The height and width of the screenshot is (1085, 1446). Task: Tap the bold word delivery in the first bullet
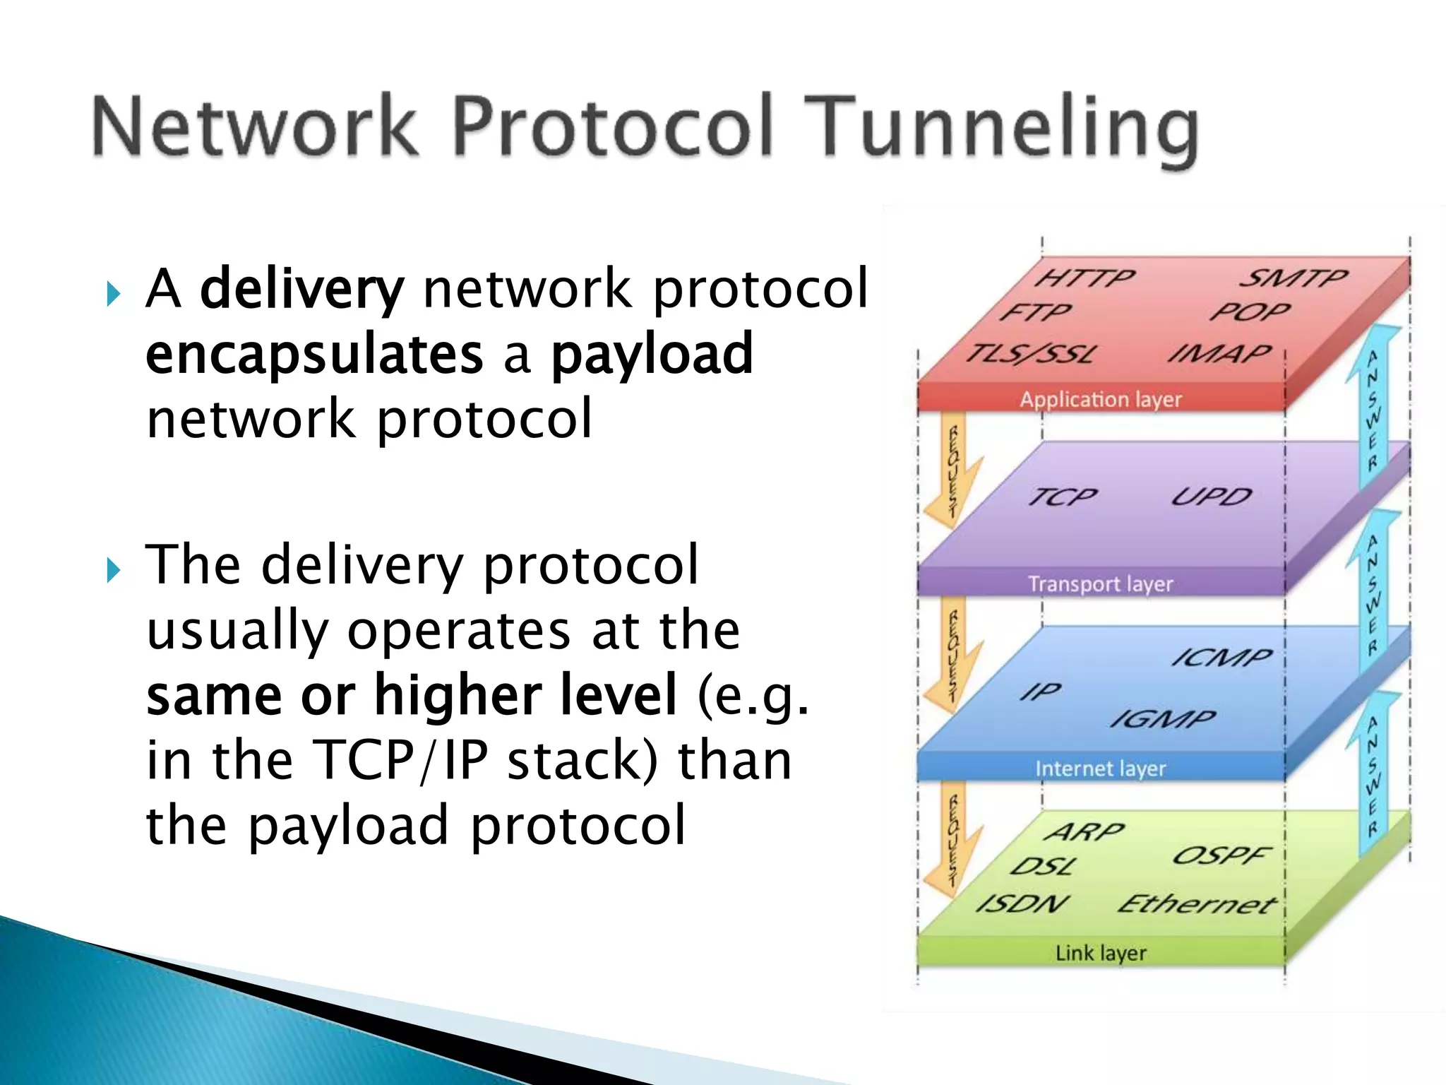(302, 289)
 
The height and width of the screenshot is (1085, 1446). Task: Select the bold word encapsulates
(314, 354)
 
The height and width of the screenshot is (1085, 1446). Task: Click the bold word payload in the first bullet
(652, 354)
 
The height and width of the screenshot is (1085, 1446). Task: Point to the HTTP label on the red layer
(1084, 278)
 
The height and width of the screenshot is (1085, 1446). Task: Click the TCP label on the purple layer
(1063, 497)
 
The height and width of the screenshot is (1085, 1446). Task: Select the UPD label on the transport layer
(1212, 497)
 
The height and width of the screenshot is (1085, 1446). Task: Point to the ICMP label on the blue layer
(1221, 658)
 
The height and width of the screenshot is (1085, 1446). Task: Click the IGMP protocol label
(1163, 719)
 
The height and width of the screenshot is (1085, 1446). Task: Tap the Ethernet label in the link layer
(1197, 903)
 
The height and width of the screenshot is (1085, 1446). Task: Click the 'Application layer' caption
(1101, 400)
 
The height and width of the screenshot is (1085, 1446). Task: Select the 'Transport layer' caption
(1101, 584)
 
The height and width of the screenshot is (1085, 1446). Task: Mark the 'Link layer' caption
(1101, 953)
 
